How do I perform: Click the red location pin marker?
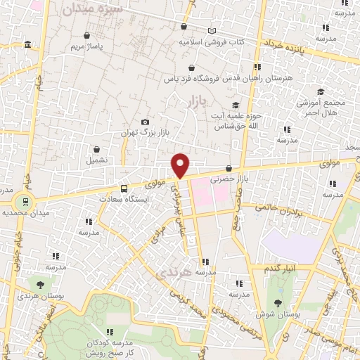point(181,165)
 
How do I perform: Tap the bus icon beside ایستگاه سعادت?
point(124,188)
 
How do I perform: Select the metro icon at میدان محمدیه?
point(27,202)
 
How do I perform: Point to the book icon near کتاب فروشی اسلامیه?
point(212,32)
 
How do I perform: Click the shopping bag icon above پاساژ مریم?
point(86,35)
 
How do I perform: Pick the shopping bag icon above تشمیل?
point(96,149)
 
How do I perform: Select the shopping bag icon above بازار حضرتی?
point(229,167)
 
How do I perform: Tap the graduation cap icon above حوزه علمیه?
point(235,105)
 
